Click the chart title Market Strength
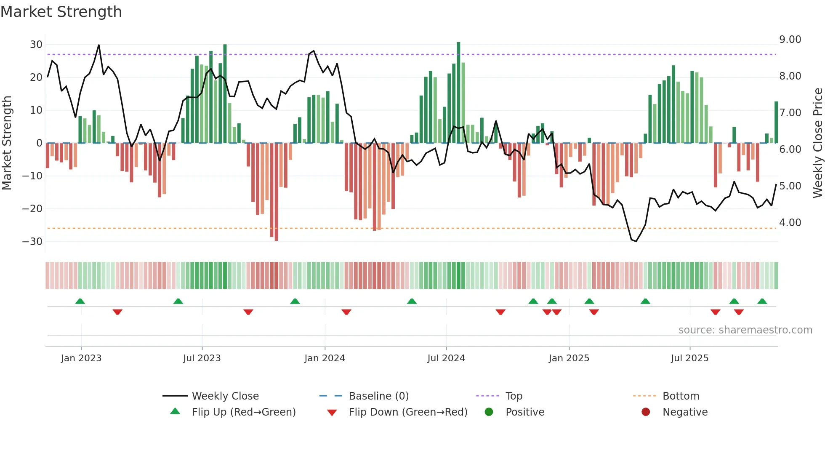coord(61,12)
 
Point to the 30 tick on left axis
coord(36,45)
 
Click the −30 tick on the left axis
coord(32,242)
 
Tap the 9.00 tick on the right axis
coord(790,40)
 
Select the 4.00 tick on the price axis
coord(790,223)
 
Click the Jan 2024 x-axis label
coord(325,358)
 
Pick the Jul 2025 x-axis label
coord(689,358)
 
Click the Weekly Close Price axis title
coord(817,143)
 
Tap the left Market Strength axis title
coord(7,143)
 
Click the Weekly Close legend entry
coord(225,396)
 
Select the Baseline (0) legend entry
coord(378,396)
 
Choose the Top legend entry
coord(514,396)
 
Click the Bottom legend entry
coord(681,396)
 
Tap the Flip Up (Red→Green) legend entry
coord(243,412)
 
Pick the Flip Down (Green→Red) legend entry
coord(408,412)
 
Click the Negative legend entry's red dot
coord(646,412)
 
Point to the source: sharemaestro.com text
coord(745,330)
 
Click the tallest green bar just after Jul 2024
coord(458,93)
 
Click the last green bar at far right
coord(776,122)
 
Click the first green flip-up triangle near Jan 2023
coord(80,301)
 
